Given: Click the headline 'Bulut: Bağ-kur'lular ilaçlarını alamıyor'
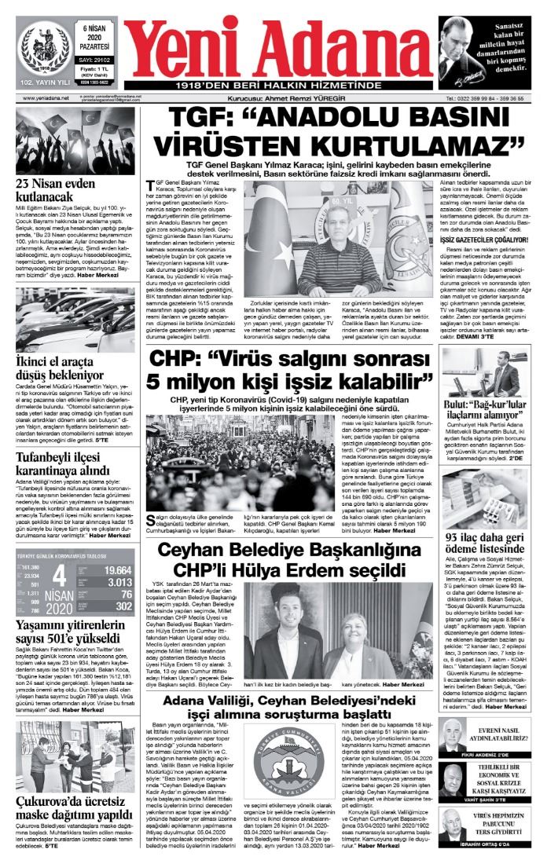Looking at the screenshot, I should [x=490, y=407].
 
